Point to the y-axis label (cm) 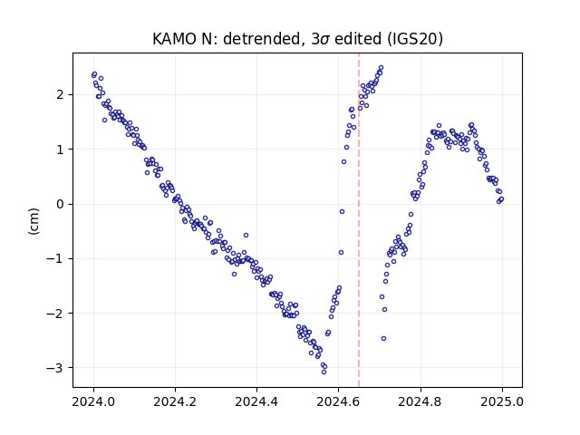(34, 221)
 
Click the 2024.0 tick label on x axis (94, 401)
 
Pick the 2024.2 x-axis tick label (175, 401)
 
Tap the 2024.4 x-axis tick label (256, 401)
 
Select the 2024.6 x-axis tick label (338, 401)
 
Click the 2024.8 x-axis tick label (420, 401)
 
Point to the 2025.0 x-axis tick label (502, 401)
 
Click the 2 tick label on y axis (60, 94)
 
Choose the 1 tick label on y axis (60, 150)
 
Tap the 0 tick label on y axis (60, 204)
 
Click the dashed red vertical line (359, 220)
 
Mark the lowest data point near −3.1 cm (324, 372)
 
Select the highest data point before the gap (381, 68)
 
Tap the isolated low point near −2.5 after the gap (383, 338)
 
